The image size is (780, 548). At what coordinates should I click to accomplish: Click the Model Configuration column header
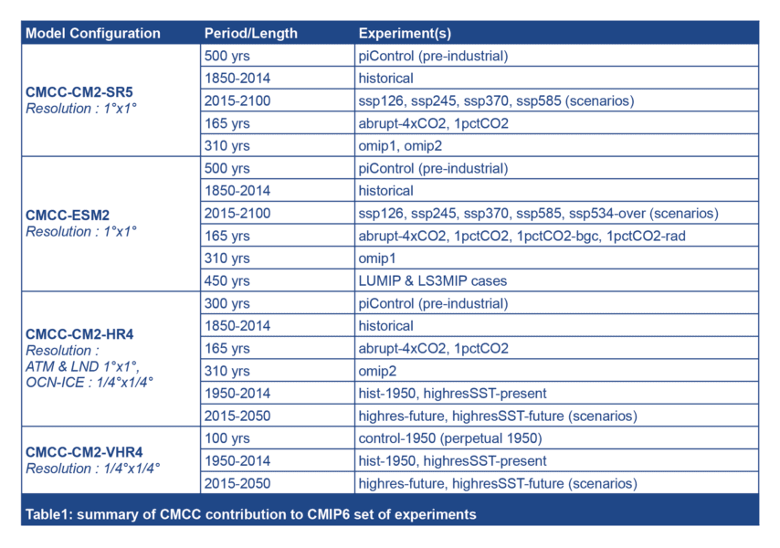[x=92, y=34]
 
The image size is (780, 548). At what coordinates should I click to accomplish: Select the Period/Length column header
[x=250, y=34]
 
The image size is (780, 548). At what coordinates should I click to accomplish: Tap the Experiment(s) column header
[x=404, y=34]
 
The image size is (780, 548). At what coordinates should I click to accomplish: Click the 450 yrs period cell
[x=227, y=280]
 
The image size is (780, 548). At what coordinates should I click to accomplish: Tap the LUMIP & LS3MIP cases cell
[x=432, y=280]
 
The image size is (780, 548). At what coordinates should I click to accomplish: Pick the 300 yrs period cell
[x=227, y=303]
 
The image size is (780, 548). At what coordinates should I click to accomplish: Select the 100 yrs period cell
[x=227, y=438]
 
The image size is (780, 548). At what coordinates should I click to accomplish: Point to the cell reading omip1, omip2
[x=399, y=145]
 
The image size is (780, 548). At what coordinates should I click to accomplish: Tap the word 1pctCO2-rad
[x=649, y=236]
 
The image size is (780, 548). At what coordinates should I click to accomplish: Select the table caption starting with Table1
[x=250, y=514]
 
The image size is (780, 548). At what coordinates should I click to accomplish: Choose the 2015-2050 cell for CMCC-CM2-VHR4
[x=237, y=483]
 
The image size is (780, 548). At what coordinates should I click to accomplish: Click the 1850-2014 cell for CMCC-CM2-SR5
[x=237, y=79]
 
